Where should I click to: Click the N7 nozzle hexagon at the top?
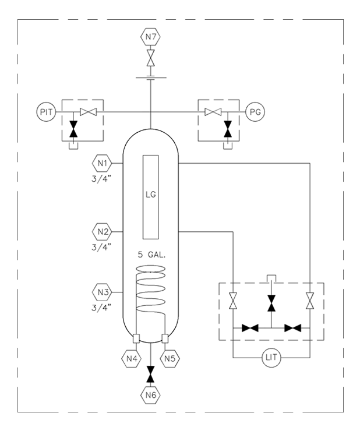click(x=151, y=38)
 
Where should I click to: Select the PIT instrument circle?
click(x=47, y=112)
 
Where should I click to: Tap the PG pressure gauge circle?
click(x=254, y=112)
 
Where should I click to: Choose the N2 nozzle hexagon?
click(x=103, y=231)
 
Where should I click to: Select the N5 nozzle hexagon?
click(x=170, y=358)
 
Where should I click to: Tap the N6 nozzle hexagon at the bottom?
click(x=151, y=394)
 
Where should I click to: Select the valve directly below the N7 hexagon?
click(x=151, y=59)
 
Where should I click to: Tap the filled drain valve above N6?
click(x=151, y=373)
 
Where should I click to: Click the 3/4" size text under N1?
click(x=103, y=177)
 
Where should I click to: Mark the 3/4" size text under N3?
click(x=103, y=305)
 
